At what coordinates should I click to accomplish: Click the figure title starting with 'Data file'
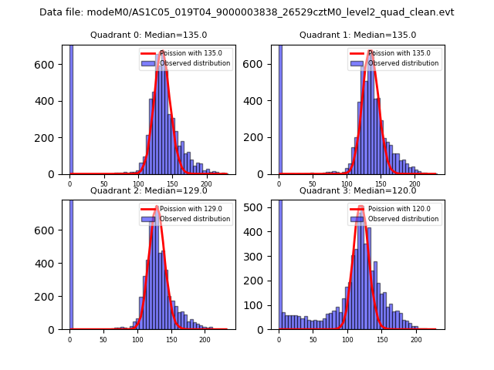[247, 12]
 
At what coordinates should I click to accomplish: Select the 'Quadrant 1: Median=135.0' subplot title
[357, 35]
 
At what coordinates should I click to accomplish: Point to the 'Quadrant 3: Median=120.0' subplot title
[357, 190]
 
